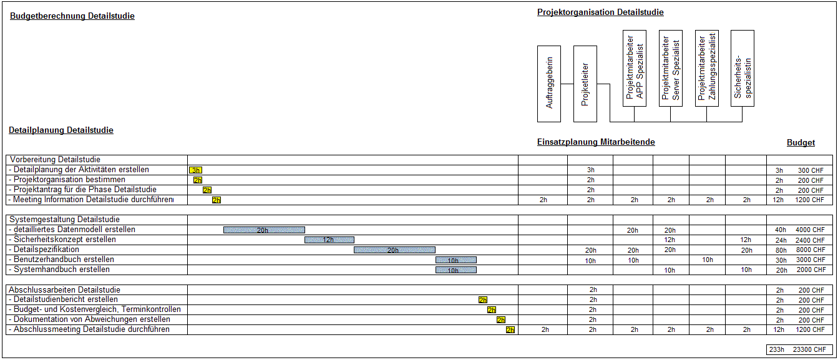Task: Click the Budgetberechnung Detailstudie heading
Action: pyautogui.click(x=72, y=16)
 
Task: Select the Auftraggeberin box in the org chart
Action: pyautogui.click(x=549, y=84)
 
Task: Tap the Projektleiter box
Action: pyautogui.click(x=585, y=84)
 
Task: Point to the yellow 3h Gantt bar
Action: pyautogui.click(x=195, y=170)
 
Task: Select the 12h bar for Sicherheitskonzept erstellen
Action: pyautogui.click(x=329, y=240)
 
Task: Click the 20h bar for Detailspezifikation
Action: pyautogui.click(x=394, y=250)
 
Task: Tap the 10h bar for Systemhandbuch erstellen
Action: pyautogui.click(x=456, y=270)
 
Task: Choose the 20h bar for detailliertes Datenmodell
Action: pyautogui.click(x=264, y=230)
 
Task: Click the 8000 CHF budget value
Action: pyautogui.click(x=810, y=250)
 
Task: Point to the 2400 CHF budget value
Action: pyautogui.click(x=810, y=240)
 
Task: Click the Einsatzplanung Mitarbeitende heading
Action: pyautogui.click(x=596, y=142)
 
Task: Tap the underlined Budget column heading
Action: pyautogui.click(x=801, y=143)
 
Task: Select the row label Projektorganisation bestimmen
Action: pyautogui.click(x=69, y=180)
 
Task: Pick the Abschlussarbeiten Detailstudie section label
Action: pyautogui.click(x=65, y=290)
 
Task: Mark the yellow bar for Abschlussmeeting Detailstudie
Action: pyautogui.click(x=510, y=330)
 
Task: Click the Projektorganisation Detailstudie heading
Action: pyautogui.click(x=600, y=12)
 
